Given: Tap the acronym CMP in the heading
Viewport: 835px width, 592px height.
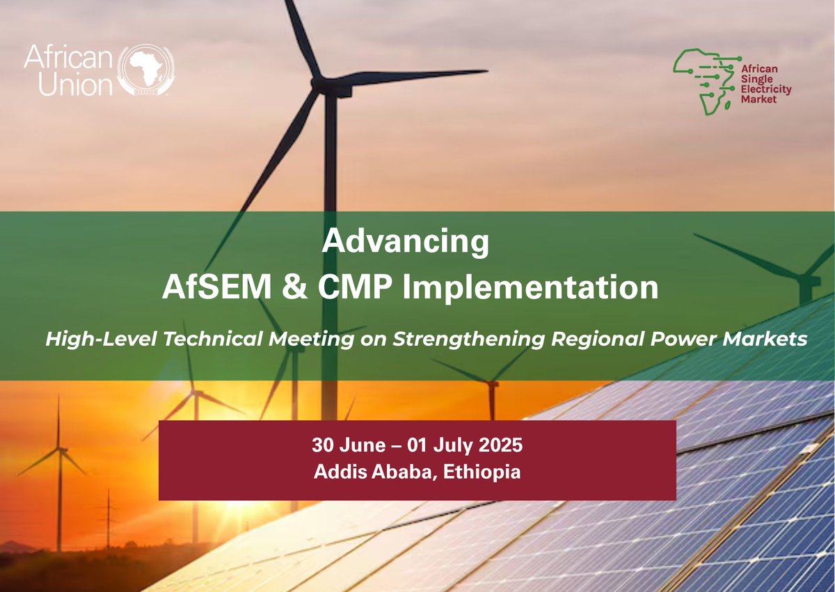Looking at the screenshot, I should (355, 287).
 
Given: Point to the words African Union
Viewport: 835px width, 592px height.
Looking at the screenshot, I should (67, 70).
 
